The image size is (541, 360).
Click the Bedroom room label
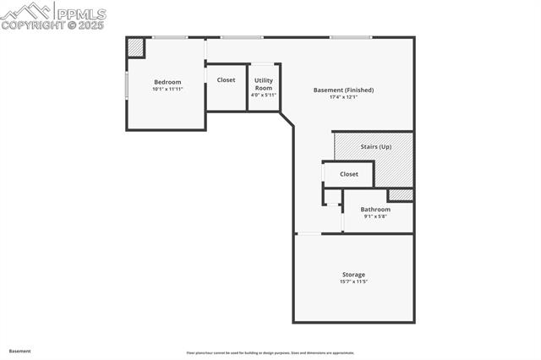[x=167, y=82]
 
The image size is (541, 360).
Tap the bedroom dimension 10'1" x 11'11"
[x=167, y=89]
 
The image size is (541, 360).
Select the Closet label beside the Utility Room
[x=226, y=80]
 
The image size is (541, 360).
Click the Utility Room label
[x=264, y=84]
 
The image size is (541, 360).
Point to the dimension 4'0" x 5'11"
[x=264, y=95]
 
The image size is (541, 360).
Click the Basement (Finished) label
[x=343, y=90]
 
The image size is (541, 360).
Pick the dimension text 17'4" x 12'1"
[x=343, y=97]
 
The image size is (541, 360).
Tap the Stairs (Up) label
[x=376, y=147]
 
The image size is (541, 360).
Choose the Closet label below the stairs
[x=349, y=174]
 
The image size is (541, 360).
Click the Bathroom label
[x=375, y=210]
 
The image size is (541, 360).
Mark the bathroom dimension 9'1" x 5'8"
[x=375, y=216]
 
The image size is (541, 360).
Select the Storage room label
[x=353, y=275]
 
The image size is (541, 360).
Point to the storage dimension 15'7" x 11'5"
[x=353, y=281]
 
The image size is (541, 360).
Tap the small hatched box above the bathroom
[x=400, y=195]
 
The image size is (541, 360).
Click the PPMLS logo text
[x=80, y=14]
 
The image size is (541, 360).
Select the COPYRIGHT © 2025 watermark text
[x=52, y=25]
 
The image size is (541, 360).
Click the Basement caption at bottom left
[x=20, y=351]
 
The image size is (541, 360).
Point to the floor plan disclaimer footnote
[x=270, y=353]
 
